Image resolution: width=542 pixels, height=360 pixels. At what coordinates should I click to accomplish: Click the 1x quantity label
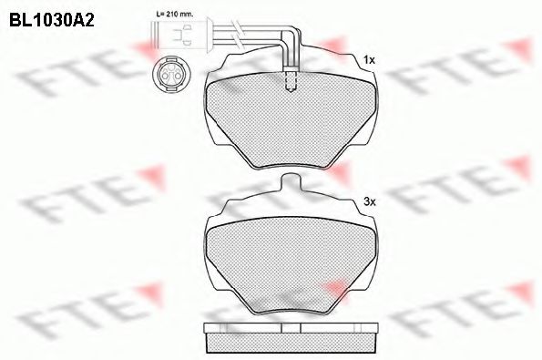369,60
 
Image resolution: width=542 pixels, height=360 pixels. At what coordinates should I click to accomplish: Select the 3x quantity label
369,200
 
